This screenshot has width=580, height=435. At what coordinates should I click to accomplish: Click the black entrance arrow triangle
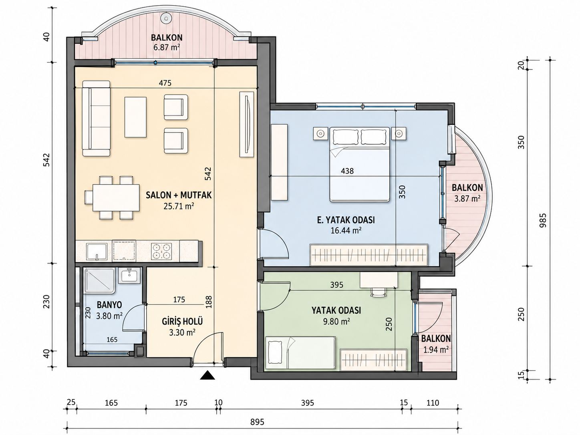pyautogui.click(x=207, y=375)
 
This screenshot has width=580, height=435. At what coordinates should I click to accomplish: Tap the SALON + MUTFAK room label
pyautogui.click(x=179, y=195)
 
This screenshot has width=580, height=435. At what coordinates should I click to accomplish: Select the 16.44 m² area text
pyautogui.click(x=346, y=231)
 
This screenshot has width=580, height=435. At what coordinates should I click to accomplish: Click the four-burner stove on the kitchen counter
pyautogui.click(x=161, y=251)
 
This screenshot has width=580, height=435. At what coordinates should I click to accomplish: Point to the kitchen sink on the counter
pyautogui.click(x=97, y=252)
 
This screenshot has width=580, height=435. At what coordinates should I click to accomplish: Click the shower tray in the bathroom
pyautogui.click(x=99, y=281)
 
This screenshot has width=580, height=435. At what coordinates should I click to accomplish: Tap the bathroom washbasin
pyautogui.click(x=129, y=275)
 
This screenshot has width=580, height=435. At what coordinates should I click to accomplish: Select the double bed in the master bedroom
pyautogui.click(x=360, y=165)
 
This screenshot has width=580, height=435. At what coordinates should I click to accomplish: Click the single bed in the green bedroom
pyautogui.click(x=301, y=353)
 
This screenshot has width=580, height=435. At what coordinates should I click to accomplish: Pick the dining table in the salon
pyautogui.click(x=116, y=197)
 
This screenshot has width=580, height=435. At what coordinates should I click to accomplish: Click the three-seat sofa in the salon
pyautogui.click(x=96, y=118)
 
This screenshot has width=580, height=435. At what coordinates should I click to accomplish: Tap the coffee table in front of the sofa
pyautogui.click(x=135, y=117)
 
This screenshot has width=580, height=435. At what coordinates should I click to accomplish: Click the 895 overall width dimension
pyautogui.click(x=257, y=422)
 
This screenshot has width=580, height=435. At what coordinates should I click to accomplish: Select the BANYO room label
pyautogui.click(x=109, y=305)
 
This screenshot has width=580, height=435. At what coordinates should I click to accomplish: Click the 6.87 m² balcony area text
pyautogui.click(x=167, y=48)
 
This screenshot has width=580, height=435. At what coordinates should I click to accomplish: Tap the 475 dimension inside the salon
pyautogui.click(x=165, y=83)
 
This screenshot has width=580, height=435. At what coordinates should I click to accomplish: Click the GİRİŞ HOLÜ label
pyautogui.click(x=182, y=321)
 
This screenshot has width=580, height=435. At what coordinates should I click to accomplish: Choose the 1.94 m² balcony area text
pyautogui.click(x=436, y=350)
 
